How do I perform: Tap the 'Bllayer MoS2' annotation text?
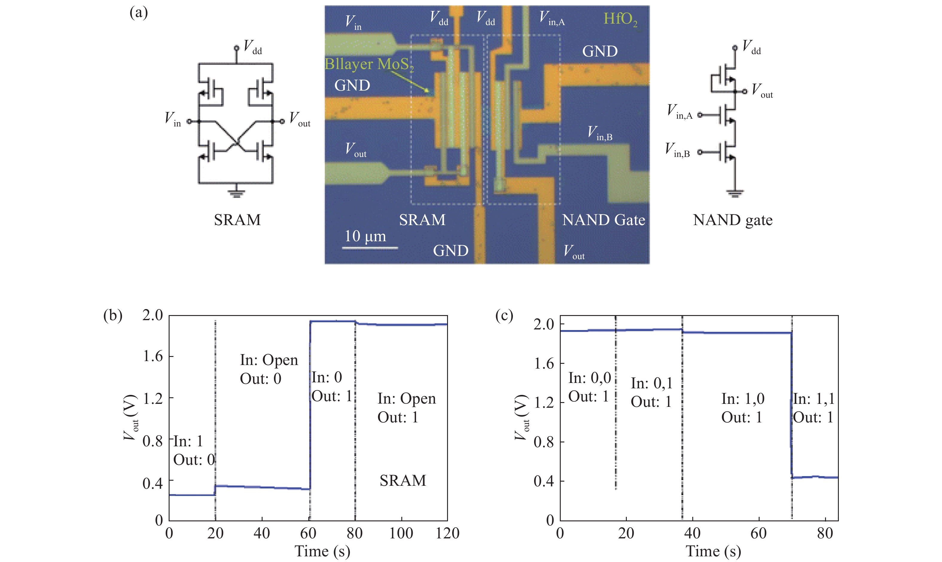[369, 64]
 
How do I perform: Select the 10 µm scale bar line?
[370, 248]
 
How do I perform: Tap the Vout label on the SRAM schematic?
[299, 119]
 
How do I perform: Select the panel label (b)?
[113, 315]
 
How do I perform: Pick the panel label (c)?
[504, 315]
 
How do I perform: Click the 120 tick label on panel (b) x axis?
[447, 534]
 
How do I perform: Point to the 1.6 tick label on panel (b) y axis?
[153, 356]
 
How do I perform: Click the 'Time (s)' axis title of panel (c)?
[713, 551]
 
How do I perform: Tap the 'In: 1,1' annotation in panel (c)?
[813, 399]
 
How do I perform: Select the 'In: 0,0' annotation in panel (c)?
[589, 378]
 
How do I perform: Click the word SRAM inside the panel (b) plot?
[403, 481]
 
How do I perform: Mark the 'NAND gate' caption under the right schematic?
[733, 220]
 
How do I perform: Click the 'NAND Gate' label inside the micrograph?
[603, 220]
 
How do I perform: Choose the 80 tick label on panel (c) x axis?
[824, 534]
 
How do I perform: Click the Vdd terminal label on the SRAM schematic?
[253, 47]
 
